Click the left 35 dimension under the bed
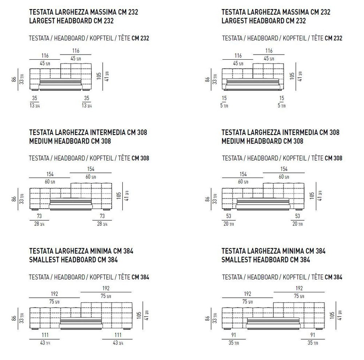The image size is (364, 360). [x=35, y=98]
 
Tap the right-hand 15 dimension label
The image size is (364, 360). [x=282, y=98]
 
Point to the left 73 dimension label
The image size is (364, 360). [x=39, y=216]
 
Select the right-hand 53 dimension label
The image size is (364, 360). [x=298, y=216]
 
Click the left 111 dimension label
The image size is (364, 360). [x=45, y=335]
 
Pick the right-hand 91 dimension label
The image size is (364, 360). [x=313, y=335]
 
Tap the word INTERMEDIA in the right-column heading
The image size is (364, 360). [x=300, y=132]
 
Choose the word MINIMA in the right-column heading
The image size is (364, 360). [x=293, y=251]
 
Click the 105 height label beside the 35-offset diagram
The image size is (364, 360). [x=99, y=76]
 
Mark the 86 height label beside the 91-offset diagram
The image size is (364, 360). [x=207, y=318]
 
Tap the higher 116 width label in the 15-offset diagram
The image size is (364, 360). [x=269, y=51]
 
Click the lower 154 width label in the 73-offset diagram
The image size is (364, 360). [x=50, y=174]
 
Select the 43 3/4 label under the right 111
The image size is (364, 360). [x=118, y=343]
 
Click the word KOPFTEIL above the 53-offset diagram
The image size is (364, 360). [x=294, y=158]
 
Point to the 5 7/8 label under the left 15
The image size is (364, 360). [x=224, y=106]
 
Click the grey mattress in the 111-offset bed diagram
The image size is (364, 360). [x=81, y=321]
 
